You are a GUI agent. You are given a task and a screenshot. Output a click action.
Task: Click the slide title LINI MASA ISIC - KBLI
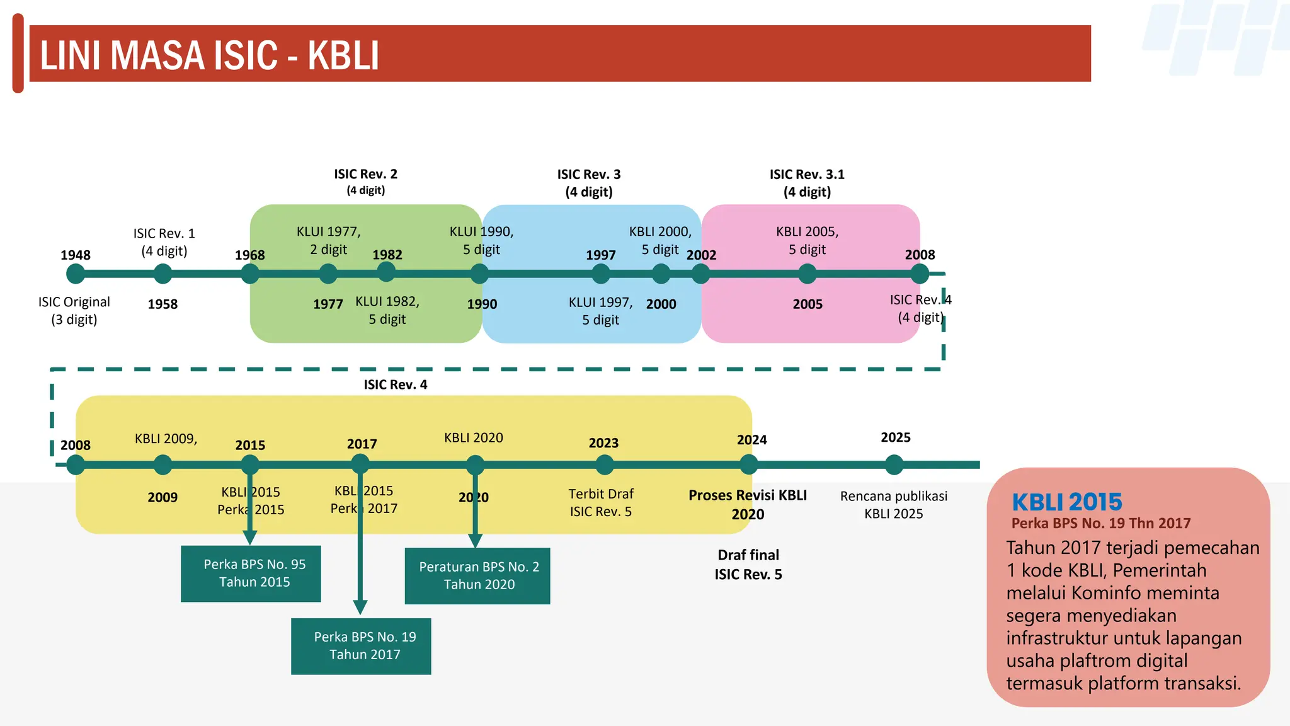click(209, 55)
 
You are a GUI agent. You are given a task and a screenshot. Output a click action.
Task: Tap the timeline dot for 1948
click(76, 274)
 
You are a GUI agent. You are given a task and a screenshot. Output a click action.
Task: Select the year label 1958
click(163, 304)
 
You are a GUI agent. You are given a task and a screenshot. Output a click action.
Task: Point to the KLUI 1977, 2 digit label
click(328, 240)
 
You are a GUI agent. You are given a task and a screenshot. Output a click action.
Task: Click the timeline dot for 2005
click(807, 274)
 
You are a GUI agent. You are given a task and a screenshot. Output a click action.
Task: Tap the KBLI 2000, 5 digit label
click(660, 240)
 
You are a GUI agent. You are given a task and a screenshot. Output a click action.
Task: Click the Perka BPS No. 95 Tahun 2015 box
click(251, 573)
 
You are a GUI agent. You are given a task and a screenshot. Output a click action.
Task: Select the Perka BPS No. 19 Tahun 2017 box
click(361, 646)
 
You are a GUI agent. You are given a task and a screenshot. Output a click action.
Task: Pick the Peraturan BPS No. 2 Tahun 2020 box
click(477, 575)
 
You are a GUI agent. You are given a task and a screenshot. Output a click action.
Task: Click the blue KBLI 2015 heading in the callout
click(1066, 502)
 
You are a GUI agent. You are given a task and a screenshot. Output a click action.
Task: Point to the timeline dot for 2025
click(894, 465)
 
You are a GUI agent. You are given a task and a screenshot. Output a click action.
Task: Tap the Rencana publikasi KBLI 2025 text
click(893, 505)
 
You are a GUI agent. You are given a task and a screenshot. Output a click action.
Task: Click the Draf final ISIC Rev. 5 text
click(748, 565)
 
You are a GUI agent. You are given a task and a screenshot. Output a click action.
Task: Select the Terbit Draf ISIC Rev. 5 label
click(601, 502)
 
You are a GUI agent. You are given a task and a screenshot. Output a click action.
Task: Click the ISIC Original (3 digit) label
click(74, 311)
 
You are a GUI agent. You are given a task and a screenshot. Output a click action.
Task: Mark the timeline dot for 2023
click(604, 465)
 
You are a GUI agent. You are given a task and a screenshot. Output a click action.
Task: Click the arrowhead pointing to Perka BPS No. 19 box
click(360, 608)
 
